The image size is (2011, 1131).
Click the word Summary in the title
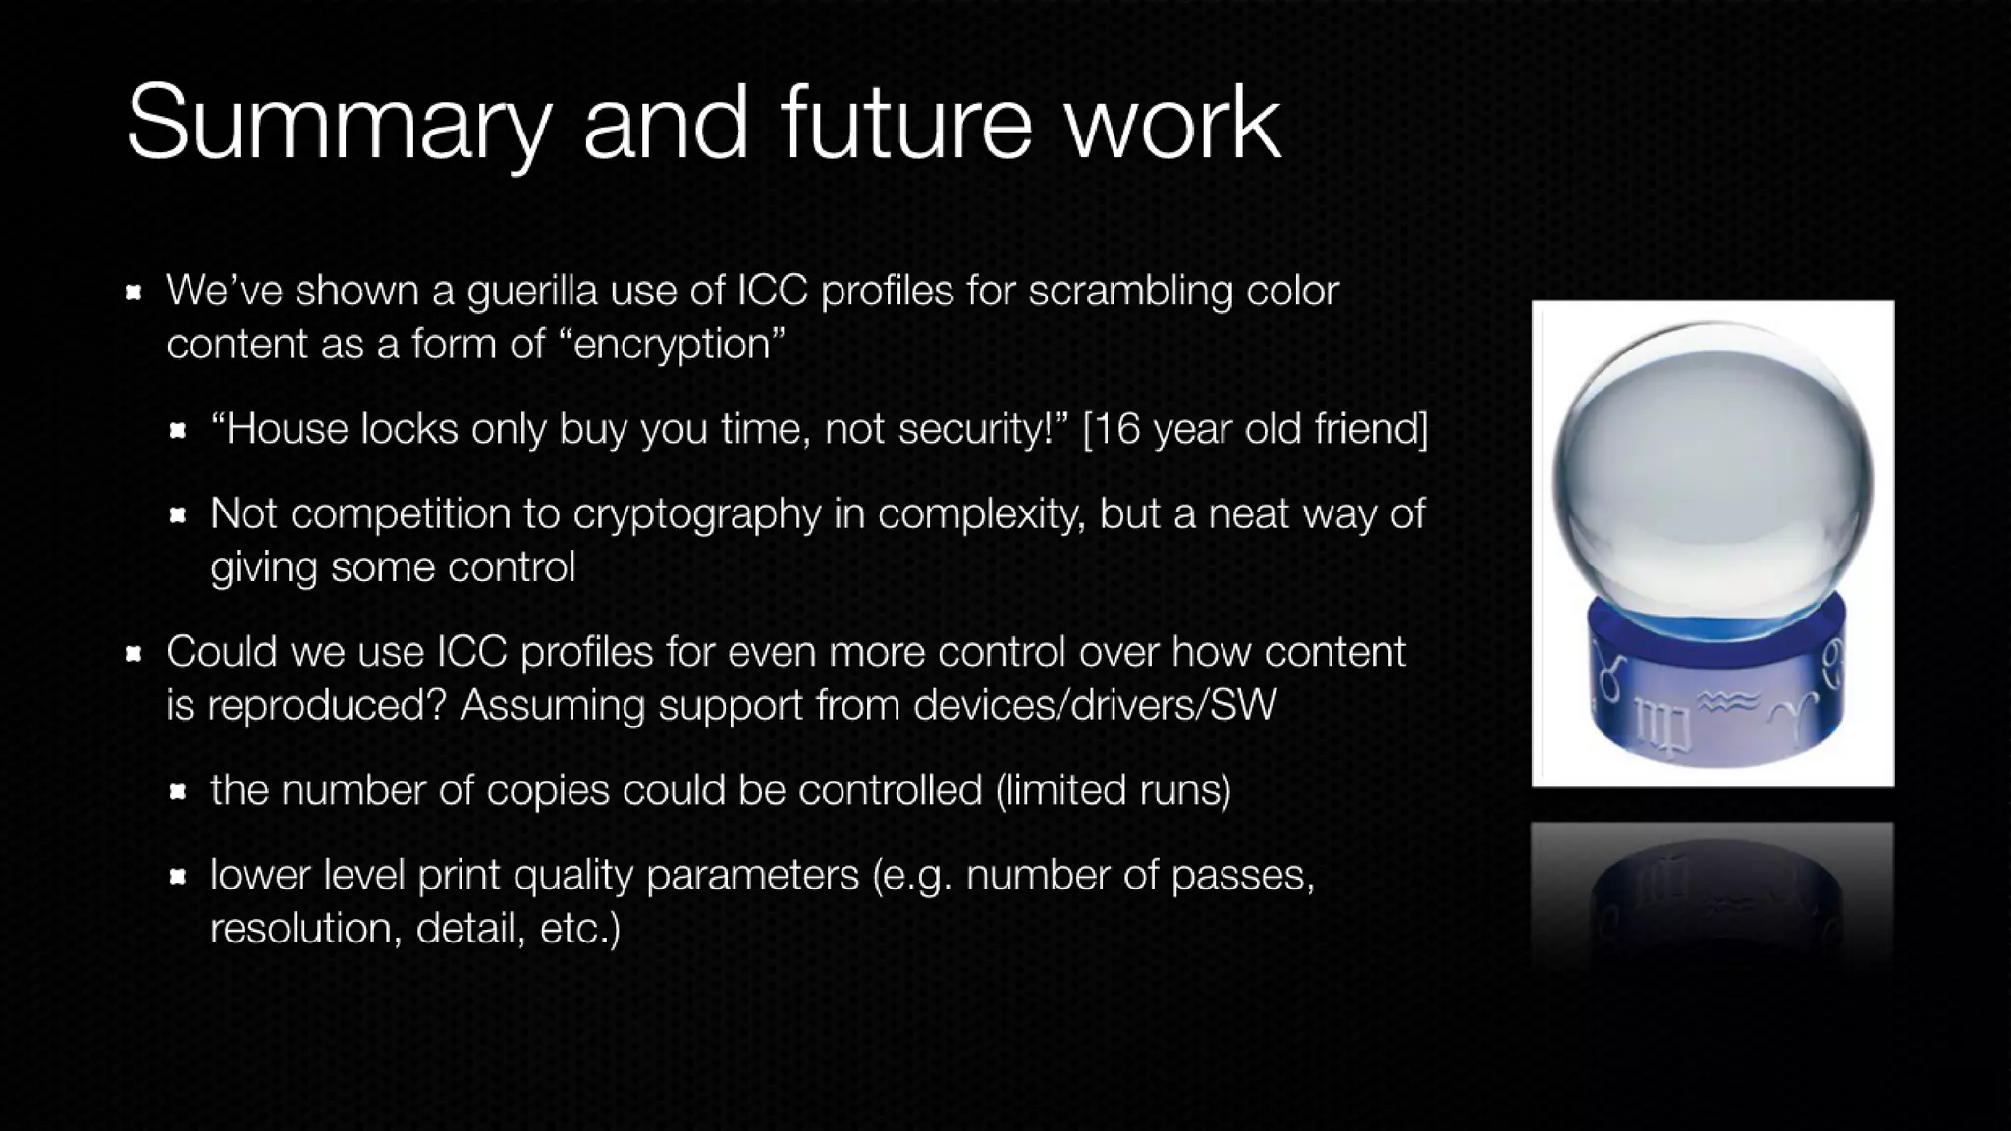[339, 125]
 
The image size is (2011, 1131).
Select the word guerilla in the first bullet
[531, 291]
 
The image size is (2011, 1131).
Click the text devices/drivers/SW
[1094, 705]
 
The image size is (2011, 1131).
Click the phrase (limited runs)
[1113, 790]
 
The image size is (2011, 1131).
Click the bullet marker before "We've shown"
[135, 292]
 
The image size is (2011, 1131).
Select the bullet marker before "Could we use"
[135, 653]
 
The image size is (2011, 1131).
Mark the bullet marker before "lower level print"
[178, 876]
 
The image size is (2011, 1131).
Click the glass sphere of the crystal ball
[1712, 471]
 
